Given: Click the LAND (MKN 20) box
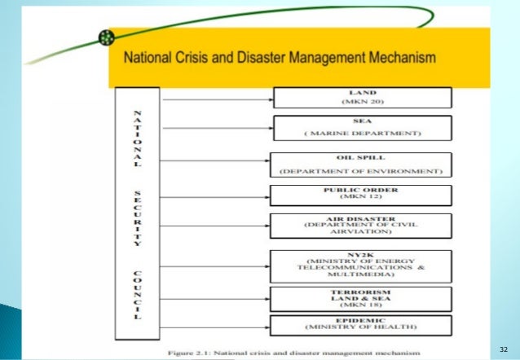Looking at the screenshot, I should (x=362, y=98).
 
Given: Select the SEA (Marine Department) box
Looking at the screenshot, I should (x=362, y=128).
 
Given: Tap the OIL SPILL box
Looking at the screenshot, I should (x=362, y=165).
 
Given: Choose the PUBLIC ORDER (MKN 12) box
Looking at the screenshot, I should (x=362, y=195).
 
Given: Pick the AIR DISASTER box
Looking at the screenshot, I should (x=362, y=225).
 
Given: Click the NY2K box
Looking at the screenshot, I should (x=362, y=266).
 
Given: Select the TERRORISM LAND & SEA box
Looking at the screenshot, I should (x=362, y=297).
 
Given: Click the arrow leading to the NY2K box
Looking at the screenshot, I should (x=217, y=266).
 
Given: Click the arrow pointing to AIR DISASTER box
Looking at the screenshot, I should (x=217, y=227).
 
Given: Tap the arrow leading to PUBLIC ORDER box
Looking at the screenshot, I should (x=217, y=196).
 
